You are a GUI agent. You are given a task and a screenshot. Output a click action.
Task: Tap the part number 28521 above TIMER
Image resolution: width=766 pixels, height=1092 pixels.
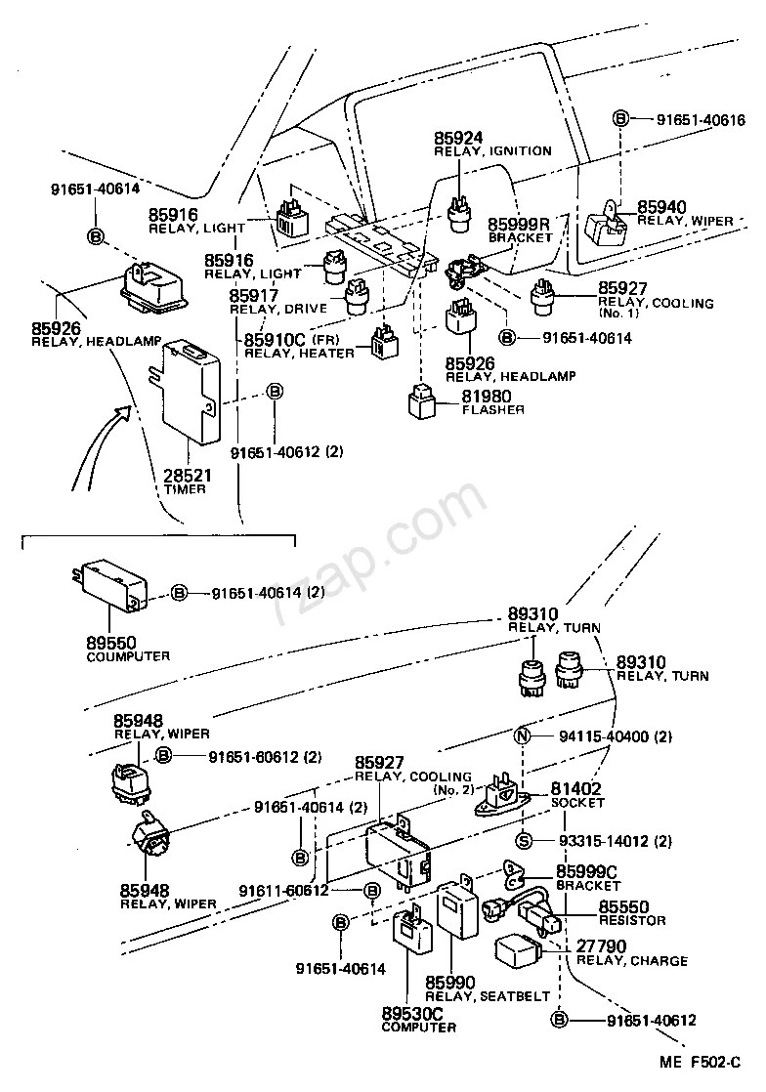[187, 475]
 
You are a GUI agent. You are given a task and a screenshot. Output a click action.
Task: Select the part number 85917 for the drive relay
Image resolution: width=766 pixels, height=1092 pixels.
[254, 295]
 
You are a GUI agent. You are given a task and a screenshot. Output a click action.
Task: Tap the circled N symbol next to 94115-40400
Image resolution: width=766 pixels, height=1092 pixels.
[522, 736]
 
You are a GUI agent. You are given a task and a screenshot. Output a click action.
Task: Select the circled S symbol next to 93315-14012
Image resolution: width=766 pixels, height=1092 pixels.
[523, 841]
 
